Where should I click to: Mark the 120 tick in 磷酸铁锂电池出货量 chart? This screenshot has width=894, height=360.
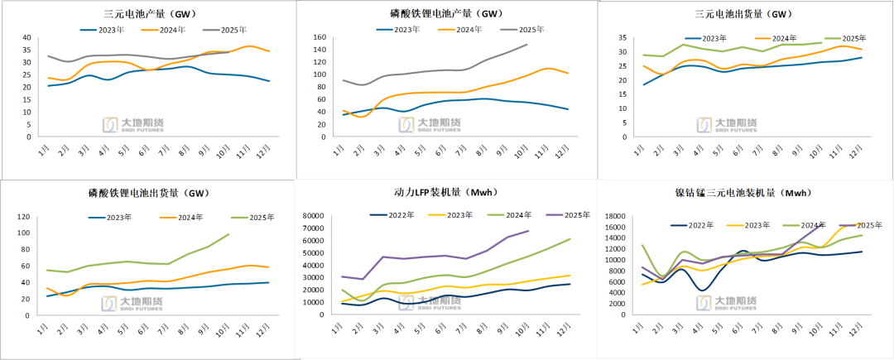tap(24, 217)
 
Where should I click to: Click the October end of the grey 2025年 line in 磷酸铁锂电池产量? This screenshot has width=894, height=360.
tap(526, 45)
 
